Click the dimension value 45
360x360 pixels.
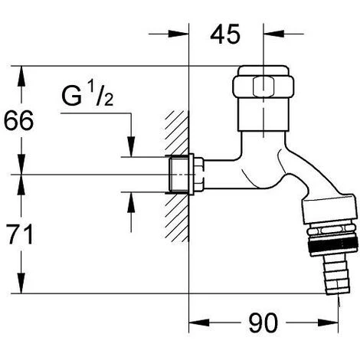pyautogui.click(x=225, y=34)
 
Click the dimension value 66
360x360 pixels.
pyautogui.click(x=18, y=120)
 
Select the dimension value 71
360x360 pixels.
pyautogui.click(x=21, y=234)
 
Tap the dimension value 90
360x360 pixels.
pyautogui.click(x=263, y=323)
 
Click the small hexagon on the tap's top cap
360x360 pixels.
pyautogui.click(x=263, y=87)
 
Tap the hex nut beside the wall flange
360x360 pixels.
pyautogui.click(x=199, y=175)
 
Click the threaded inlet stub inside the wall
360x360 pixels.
pyautogui.click(x=179, y=175)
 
